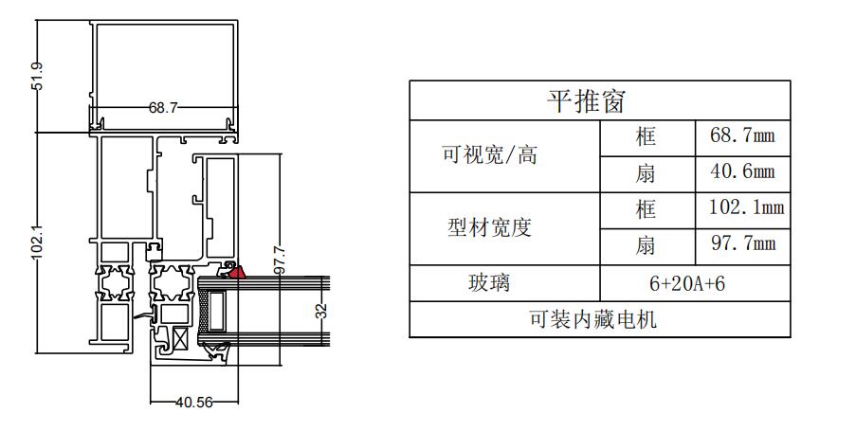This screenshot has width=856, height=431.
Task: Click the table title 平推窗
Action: pos(586,101)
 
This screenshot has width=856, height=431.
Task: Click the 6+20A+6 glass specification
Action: pos(687,283)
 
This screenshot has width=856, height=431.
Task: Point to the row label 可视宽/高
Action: pos(490,155)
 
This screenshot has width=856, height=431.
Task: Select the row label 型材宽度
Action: pos(490,227)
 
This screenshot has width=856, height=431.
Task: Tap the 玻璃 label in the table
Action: pos(489,282)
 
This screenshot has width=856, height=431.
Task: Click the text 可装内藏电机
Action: pos(592,319)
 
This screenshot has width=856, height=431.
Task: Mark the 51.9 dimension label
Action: pos(37,76)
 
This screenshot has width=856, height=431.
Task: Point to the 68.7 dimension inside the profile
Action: pos(163,107)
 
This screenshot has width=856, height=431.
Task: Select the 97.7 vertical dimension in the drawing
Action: pos(280,260)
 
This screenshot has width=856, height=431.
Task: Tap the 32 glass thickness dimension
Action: pos(322,311)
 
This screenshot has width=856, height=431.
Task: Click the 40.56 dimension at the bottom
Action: pos(194,403)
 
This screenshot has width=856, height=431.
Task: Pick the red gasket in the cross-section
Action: pos(236,272)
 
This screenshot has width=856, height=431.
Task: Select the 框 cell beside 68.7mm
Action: pos(646,136)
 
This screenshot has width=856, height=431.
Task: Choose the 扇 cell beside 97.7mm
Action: pos(646,245)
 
